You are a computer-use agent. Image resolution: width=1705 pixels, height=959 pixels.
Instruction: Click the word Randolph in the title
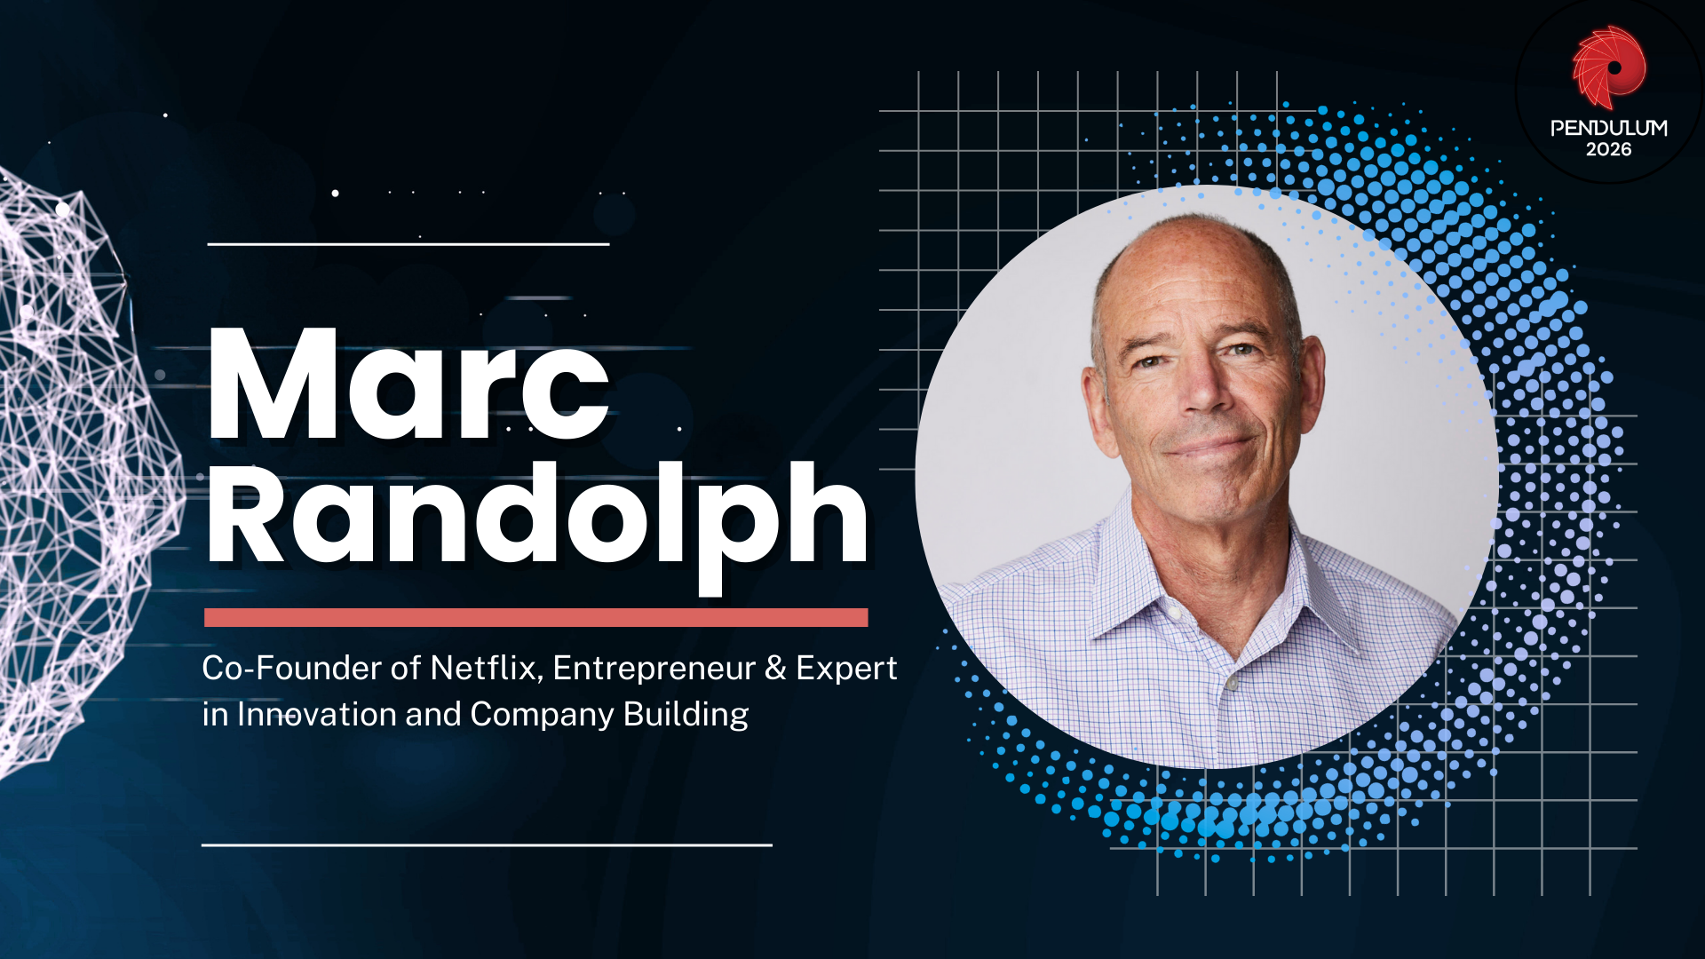click(x=537, y=515)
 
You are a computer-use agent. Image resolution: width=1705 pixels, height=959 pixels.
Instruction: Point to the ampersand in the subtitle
click(x=775, y=668)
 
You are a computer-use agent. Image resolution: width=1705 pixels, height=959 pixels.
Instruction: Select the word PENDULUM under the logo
click(x=1608, y=128)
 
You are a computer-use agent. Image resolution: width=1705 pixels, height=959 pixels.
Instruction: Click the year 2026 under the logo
click(x=1608, y=150)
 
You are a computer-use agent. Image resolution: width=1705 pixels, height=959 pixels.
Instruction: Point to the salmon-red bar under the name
click(x=535, y=618)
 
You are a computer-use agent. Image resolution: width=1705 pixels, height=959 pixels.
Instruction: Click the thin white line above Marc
click(x=408, y=243)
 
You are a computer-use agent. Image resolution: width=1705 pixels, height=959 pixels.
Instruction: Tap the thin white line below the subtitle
click(x=487, y=844)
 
